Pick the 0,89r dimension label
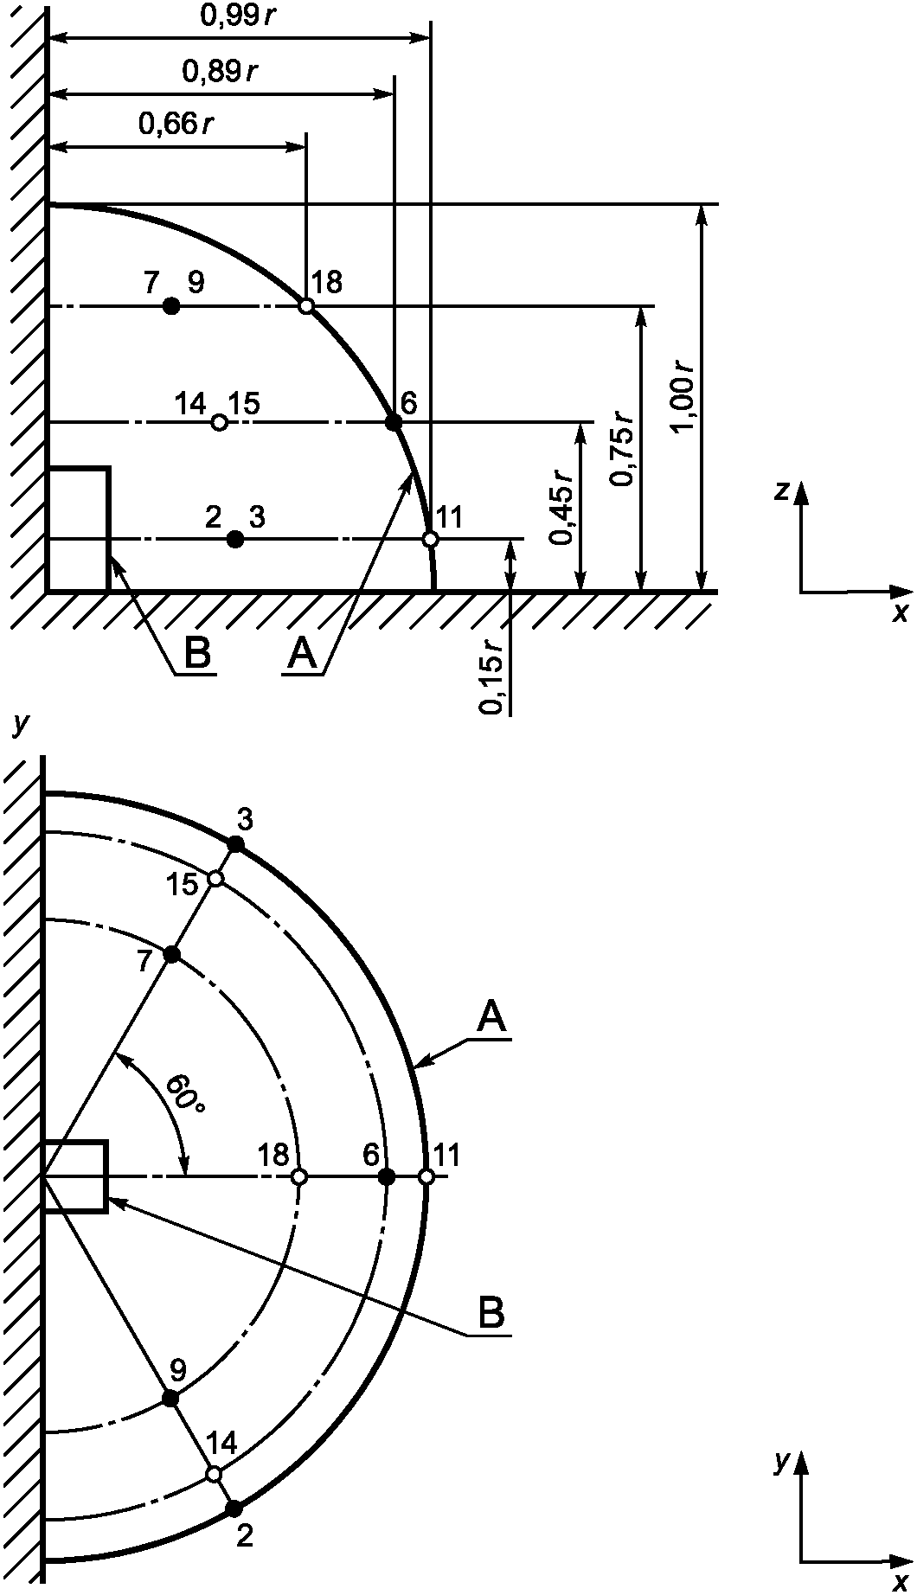point(220,71)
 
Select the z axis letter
point(781,491)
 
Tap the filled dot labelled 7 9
point(171,305)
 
